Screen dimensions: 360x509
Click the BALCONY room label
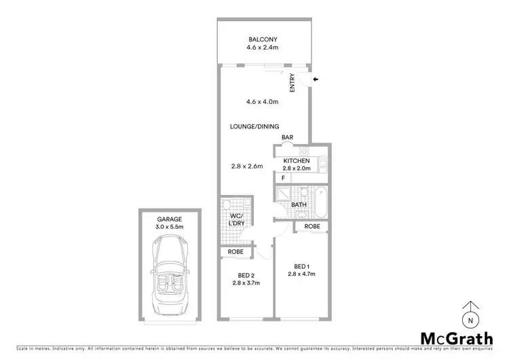[263, 39]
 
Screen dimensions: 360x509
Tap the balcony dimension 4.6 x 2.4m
[263, 48]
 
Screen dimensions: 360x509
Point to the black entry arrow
[315, 79]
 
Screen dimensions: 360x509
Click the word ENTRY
[293, 82]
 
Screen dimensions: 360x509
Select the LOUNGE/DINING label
[255, 126]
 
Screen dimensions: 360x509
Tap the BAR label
[287, 138]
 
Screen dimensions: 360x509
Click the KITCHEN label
[297, 161]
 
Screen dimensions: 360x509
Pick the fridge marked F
[282, 178]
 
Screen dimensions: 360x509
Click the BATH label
[299, 204]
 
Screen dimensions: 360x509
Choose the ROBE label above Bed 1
[312, 226]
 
